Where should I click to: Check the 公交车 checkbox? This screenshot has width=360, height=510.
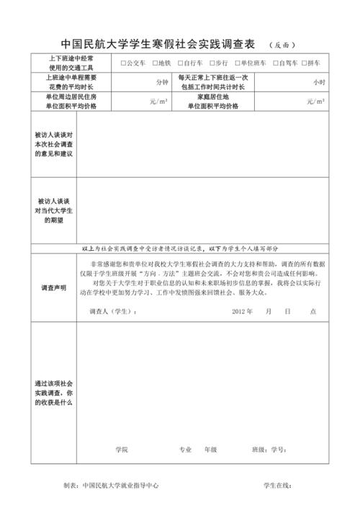click(124, 63)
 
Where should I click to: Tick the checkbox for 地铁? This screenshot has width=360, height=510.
click(156, 63)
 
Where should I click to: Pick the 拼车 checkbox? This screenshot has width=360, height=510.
click(305, 63)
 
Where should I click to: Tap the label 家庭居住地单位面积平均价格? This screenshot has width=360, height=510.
click(212, 101)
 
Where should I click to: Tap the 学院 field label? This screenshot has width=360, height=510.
click(121, 449)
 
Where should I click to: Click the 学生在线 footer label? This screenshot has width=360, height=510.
click(277, 486)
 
